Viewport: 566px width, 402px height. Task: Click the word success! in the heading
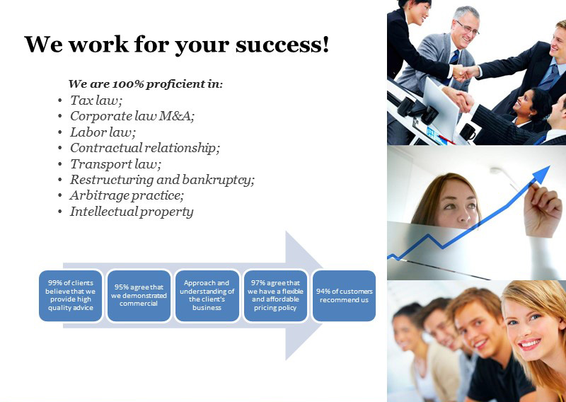[x=282, y=45]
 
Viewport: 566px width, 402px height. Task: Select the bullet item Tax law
[x=96, y=100]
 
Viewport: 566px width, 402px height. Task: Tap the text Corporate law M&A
[x=132, y=116]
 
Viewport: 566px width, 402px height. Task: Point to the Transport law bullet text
[x=115, y=164]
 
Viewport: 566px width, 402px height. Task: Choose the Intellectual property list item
[x=132, y=212]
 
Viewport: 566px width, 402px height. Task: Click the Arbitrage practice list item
[x=127, y=196]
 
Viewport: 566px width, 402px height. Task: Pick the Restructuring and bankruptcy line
[x=162, y=180]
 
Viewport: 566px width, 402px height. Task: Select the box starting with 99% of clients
[x=70, y=295]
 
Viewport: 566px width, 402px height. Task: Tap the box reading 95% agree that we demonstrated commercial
[x=139, y=295]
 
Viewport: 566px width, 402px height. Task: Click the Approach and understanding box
[x=207, y=295]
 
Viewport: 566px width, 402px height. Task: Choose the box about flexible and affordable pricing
[x=275, y=295]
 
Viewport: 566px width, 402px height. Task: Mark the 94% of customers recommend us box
[x=344, y=295]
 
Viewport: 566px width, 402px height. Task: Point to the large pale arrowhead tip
[x=322, y=295]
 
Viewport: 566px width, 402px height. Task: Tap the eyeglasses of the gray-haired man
[x=468, y=28]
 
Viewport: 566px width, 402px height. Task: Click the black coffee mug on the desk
[x=468, y=132]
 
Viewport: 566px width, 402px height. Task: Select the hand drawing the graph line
[x=542, y=209]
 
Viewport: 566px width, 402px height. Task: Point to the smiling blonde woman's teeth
[x=530, y=343]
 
